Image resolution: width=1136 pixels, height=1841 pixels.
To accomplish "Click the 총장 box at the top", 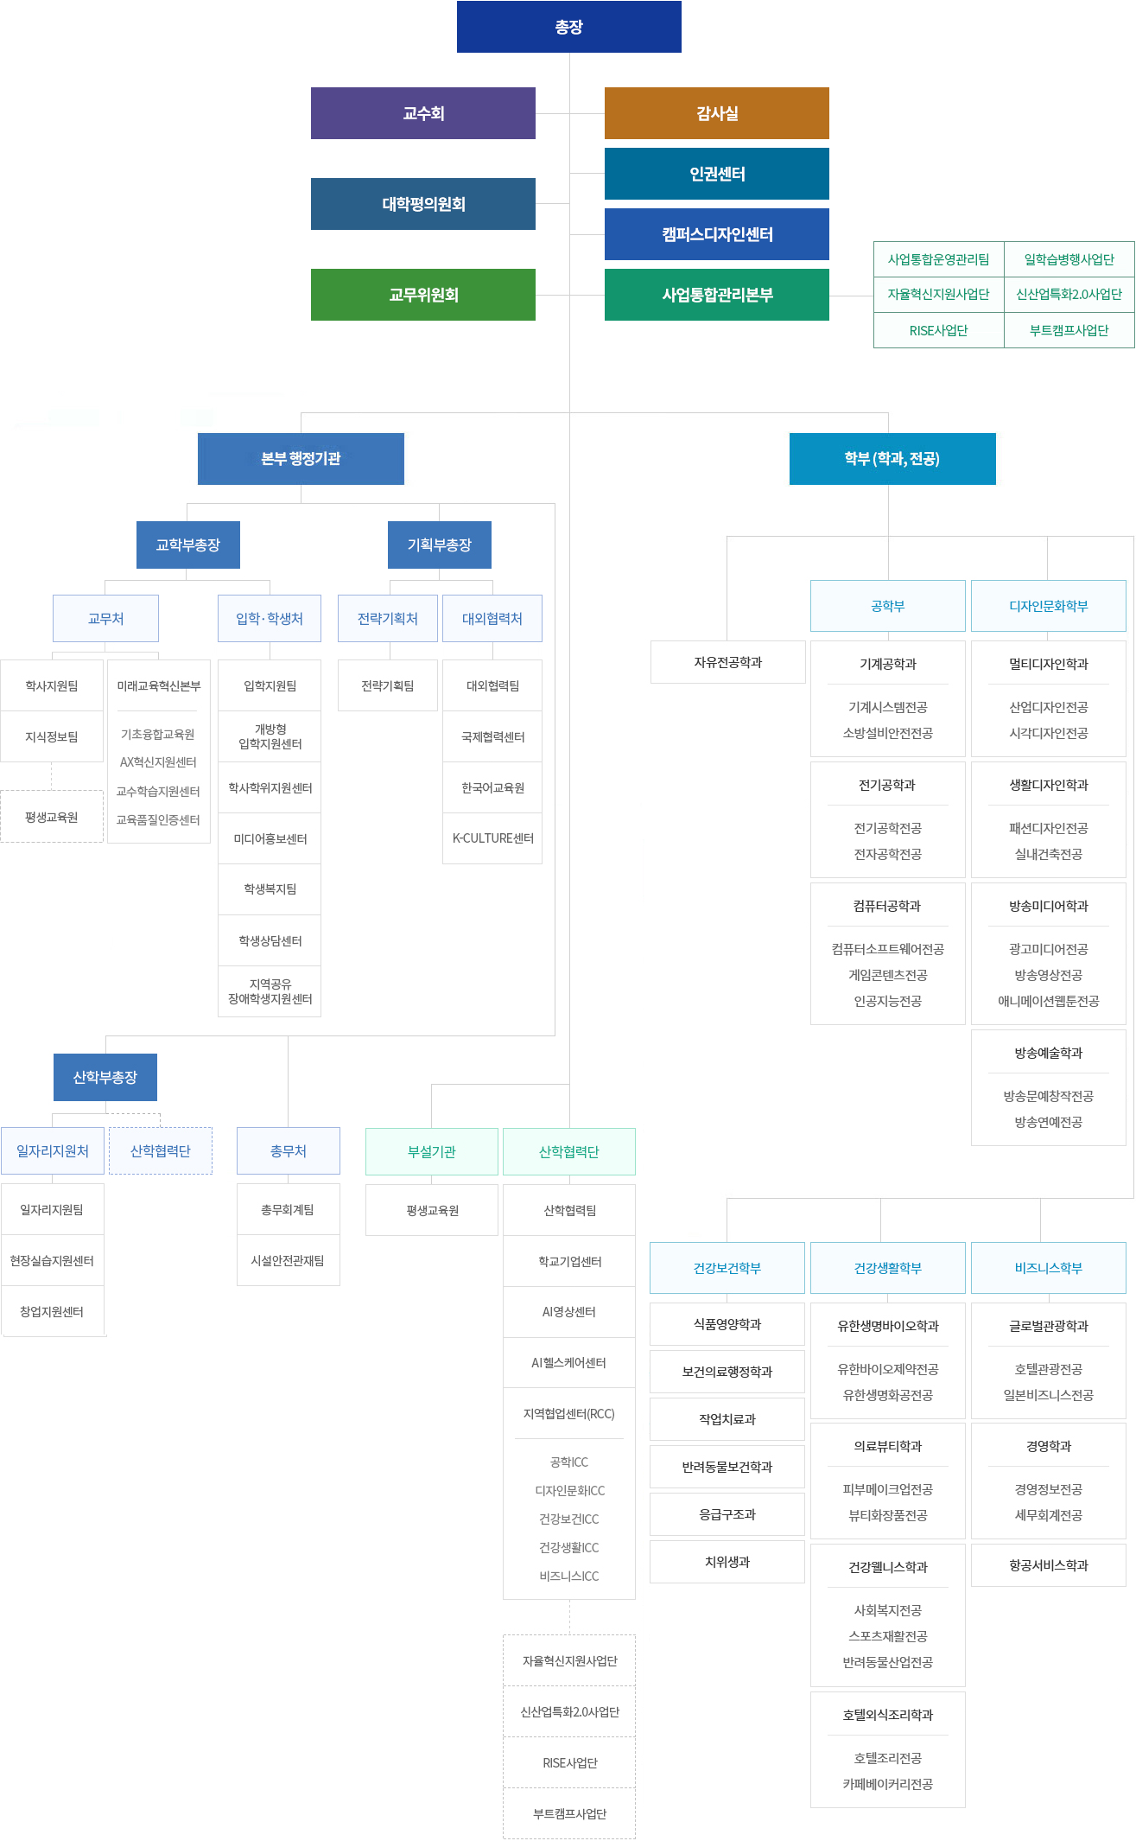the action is click(x=569, y=27).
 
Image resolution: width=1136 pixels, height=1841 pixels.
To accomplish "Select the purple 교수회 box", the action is click(x=423, y=113).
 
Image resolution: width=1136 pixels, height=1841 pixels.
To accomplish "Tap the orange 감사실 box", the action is click(x=717, y=113).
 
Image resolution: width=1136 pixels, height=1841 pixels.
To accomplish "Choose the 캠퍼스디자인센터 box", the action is click(x=717, y=234).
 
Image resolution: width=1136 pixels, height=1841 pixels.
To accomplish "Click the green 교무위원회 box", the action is click(x=423, y=295).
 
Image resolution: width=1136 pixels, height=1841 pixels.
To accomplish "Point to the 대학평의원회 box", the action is click(x=423, y=204).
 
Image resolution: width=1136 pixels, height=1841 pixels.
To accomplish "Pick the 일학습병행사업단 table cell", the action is click(x=1069, y=259).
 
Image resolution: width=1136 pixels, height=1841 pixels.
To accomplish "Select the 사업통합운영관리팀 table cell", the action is click(x=939, y=259).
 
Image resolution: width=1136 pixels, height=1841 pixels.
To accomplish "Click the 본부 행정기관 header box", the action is click(x=301, y=459).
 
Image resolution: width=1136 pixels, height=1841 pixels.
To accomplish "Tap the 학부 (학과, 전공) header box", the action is click(x=892, y=459).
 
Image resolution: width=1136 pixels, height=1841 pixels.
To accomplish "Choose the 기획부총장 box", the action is click(x=440, y=545).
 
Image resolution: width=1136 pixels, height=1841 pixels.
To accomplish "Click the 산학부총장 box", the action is click(x=105, y=1077).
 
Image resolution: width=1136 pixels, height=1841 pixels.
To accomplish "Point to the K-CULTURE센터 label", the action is click(x=493, y=838).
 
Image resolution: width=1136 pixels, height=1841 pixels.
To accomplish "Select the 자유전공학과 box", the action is click(x=728, y=662).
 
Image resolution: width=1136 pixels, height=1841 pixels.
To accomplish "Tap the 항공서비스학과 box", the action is click(x=1049, y=1565).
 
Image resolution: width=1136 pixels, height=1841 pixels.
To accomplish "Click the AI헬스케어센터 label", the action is click(x=569, y=1363).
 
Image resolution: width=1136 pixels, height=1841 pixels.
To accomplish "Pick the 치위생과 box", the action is click(x=727, y=1562).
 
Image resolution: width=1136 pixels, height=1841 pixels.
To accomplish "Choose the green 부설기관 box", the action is click(x=432, y=1151).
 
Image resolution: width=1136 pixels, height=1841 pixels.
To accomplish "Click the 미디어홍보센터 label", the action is click(x=270, y=838).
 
